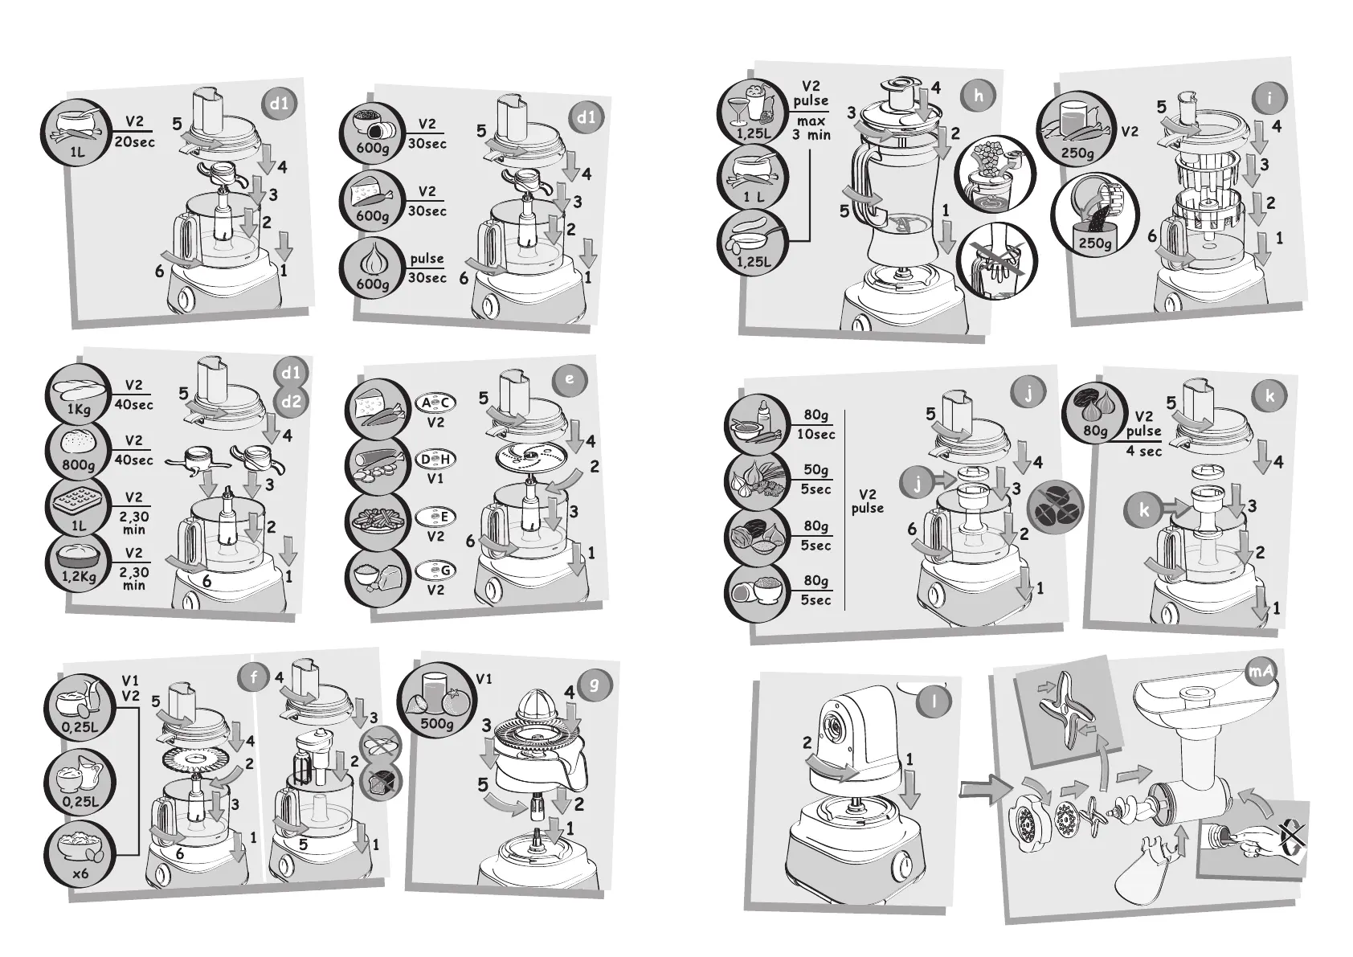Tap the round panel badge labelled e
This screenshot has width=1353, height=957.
[569, 379]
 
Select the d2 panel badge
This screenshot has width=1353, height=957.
[291, 402]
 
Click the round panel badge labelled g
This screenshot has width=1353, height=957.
[595, 685]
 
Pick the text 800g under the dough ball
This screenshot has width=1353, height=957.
[79, 466]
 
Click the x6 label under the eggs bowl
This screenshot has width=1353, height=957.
[80, 873]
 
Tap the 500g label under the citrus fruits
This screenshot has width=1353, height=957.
[437, 724]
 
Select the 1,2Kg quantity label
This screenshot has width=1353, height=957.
[79, 577]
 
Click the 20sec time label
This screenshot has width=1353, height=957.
[135, 142]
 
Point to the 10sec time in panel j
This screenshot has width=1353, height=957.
[816, 435]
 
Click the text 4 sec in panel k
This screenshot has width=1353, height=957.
[1143, 452]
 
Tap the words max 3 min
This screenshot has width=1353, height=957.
[811, 128]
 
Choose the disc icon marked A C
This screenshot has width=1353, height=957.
[435, 403]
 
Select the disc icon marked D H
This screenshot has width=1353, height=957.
[435, 459]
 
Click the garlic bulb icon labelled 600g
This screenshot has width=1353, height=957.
[370, 263]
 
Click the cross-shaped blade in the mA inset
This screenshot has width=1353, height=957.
[1065, 713]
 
